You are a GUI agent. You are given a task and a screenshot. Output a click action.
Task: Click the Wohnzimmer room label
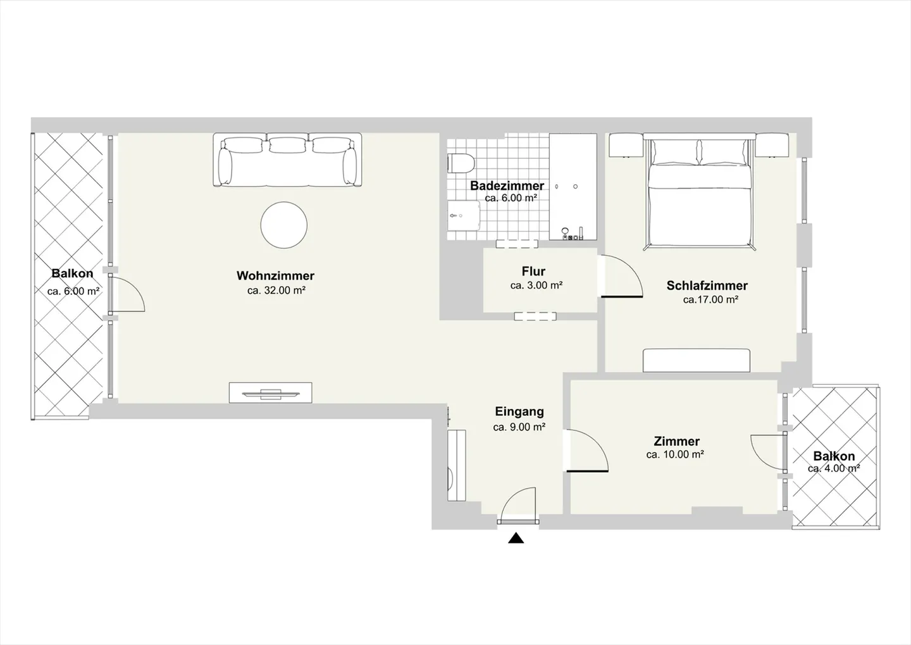tap(275, 276)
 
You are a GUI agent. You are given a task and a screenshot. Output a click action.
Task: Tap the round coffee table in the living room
tap(284, 225)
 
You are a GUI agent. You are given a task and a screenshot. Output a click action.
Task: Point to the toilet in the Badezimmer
tap(461, 163)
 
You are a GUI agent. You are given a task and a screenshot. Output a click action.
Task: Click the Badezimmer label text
tap(507, 185)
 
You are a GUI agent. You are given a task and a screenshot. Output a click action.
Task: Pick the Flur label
tap(533, 271)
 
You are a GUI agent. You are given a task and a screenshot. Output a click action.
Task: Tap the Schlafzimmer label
tap(707, 285)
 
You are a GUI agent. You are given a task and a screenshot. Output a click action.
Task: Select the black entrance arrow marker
tap(516, 538)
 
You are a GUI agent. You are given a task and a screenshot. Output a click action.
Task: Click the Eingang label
tap(519, 412)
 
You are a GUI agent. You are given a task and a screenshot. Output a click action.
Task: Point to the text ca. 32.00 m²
tap(276, 290)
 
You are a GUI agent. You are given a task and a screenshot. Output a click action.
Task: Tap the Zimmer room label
tap(677, 441)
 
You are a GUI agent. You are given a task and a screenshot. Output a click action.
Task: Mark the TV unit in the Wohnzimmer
tap(271, 392)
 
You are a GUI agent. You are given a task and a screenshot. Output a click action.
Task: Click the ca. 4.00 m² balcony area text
tap(834, 468)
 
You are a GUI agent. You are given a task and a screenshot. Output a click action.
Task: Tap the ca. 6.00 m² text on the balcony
tap(73, 291)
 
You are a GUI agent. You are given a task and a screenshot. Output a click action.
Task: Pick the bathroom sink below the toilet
tap(464, 215)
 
